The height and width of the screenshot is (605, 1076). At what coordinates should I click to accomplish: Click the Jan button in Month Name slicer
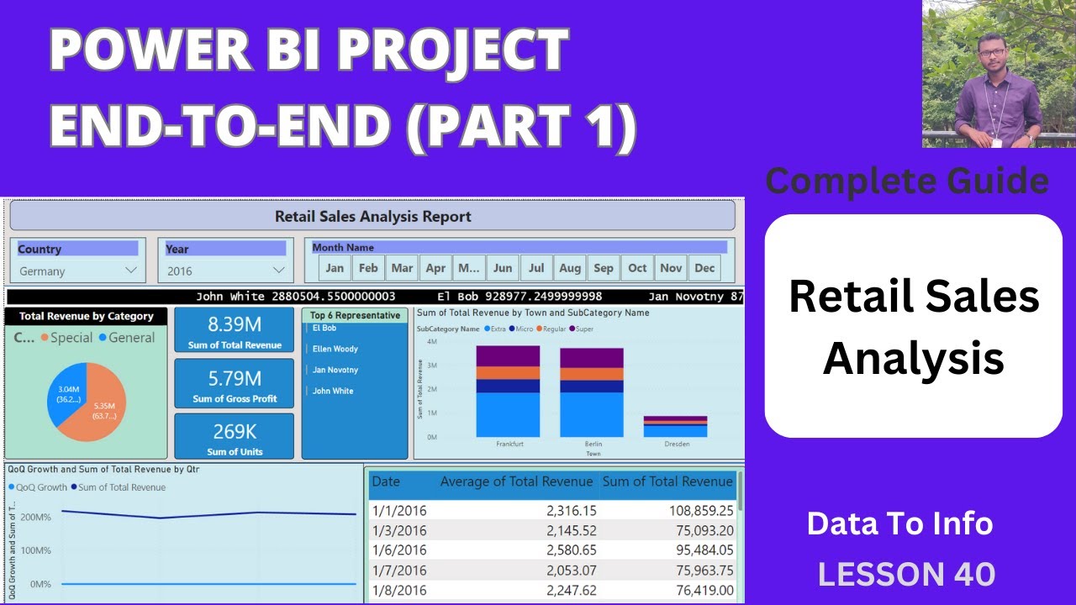coord(335,268)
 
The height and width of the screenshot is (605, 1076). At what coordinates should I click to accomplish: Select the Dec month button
coord(704,268)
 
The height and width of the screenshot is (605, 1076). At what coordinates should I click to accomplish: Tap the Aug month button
coord(570,268)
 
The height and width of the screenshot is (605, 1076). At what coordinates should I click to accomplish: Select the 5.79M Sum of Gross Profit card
coord(234,383)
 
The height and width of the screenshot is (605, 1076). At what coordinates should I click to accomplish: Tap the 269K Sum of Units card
coord(234,437)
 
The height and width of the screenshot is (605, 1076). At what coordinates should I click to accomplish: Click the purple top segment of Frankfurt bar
coord(508,355)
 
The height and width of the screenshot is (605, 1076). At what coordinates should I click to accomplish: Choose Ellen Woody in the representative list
coord(335,349)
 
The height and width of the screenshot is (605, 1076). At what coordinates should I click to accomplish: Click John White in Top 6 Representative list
coord(333,391)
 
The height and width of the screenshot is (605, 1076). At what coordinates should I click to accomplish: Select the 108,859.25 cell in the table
coord(697,510)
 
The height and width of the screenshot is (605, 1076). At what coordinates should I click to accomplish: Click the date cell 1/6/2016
coord(399,550)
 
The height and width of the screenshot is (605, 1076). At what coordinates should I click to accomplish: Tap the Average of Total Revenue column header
coord(516,481)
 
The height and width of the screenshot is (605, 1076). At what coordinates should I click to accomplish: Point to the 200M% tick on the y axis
coord(35,517)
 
